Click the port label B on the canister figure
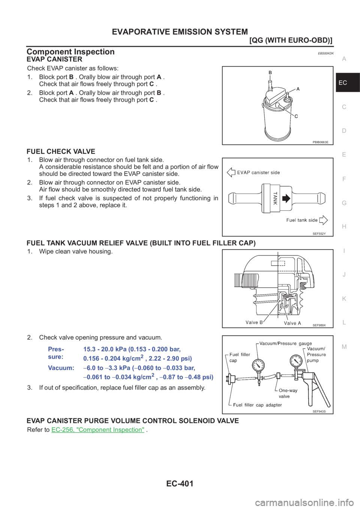pos(270,73)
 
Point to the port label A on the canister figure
pos(298,89)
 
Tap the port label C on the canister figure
pos(296,116)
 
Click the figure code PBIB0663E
pos(320,142)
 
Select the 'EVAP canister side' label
pos(258,172)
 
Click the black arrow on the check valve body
pos(286,198)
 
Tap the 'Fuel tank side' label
pos(302,220)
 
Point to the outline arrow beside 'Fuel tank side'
pos(323,220)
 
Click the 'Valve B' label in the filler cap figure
pos(254,322)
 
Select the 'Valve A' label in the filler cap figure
pos(292,323)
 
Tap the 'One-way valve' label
pos(288,393)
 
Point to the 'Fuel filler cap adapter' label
pos(257,405)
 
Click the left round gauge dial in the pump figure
pos(258,365)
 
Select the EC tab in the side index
pos(343,82)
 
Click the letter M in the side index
pos(344,346)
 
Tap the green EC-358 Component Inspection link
pos(98,430)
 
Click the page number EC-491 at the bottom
pos(180,484)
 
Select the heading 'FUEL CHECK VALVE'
pos(61,151)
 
